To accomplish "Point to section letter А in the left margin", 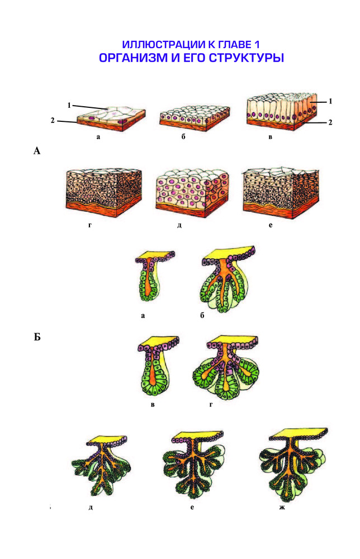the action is pos(37,151).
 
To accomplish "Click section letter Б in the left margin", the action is pos(37,337).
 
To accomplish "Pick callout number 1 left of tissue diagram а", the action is pos(69,105).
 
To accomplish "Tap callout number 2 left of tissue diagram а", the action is pos(53,121).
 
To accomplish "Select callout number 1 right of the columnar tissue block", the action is pos(330,101).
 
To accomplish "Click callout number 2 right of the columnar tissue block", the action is pos(330,122).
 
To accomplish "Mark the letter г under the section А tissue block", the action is pos(90,225).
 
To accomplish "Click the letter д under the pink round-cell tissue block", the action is pos(179,225).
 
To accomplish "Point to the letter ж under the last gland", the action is pos(282,507).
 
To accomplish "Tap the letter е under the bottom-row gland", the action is pos(192,507).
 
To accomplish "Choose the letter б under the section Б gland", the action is pos(202,315).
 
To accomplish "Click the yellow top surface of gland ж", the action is pos(299,432).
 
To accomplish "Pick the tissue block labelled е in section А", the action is pos(280,192).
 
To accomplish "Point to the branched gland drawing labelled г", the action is pos(225,367).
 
